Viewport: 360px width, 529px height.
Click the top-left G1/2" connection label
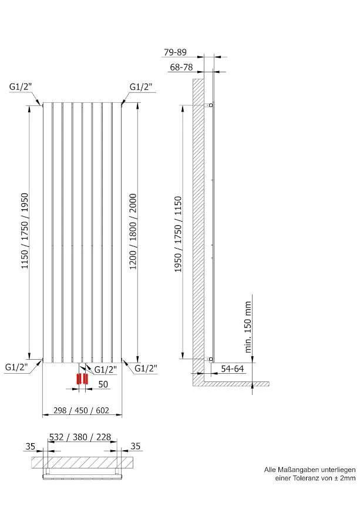(x=20, y=87)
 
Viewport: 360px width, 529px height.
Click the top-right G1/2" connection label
(x=141, y=87)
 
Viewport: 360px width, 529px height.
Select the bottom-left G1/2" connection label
(x=16, y=367)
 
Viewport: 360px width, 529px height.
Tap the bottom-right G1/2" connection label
(x=146, y=368)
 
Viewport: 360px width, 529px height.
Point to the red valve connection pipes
(x=82, y=379)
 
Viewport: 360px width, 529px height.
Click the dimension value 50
(x=103, y=384)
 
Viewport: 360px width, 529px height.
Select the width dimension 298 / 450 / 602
(x=81, y=410)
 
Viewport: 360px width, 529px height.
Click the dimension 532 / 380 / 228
(x=80, y=437)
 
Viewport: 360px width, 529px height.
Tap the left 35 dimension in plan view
(x=31, y=446)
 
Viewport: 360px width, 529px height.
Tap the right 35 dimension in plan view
(x=135, y=446)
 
